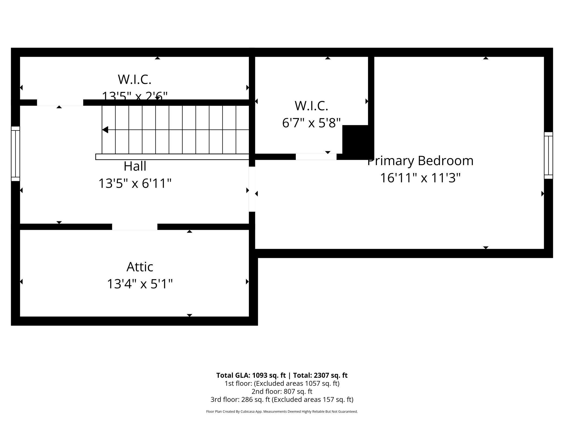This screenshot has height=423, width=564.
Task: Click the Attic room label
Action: pyautogui.click(x=140, y=267)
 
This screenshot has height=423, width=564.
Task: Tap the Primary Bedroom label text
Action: pyautogui.click(x=420, y=161)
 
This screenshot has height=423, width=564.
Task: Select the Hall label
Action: pyautogui.click(x=135, y=166)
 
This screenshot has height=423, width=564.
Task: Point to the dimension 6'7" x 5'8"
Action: pyautogui.click(x=311, y=123)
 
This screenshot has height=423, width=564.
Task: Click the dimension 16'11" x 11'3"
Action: pyautogui.click(x=420, y=178)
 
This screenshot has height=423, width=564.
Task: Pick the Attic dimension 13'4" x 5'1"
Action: pyautogui.click(x=140, y=284)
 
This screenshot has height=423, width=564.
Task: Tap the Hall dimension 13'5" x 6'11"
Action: pyautogui.click(x=135, y=183)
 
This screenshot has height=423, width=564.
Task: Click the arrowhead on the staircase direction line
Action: pyautogui.click(x=105, y=130)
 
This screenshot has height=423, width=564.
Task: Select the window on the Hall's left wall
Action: pyautogui.click(x=15, y=154)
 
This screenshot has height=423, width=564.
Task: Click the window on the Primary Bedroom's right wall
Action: pyautogui.click(x=548, y=155)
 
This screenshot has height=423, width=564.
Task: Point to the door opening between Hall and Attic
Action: pyautogui.click(x=135, y=227)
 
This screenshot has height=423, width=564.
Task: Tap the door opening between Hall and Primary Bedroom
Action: pyautogui.click(x=252, y=189)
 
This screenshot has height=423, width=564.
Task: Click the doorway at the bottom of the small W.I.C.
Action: pyautogui.click(x=316, y=157)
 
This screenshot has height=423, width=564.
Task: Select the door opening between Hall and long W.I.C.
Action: pyautogui.click(x=60, y=102)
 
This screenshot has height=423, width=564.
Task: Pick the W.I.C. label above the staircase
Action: pyautogui.click(x=134, y=79)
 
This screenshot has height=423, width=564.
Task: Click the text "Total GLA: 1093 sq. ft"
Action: pyautogui.click(x=251, y=375)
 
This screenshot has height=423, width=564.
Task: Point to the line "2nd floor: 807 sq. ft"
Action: pyautogui.click(x=282, y=391)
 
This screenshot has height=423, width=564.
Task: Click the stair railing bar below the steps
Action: pyautogui.click(x=172, y=157)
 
